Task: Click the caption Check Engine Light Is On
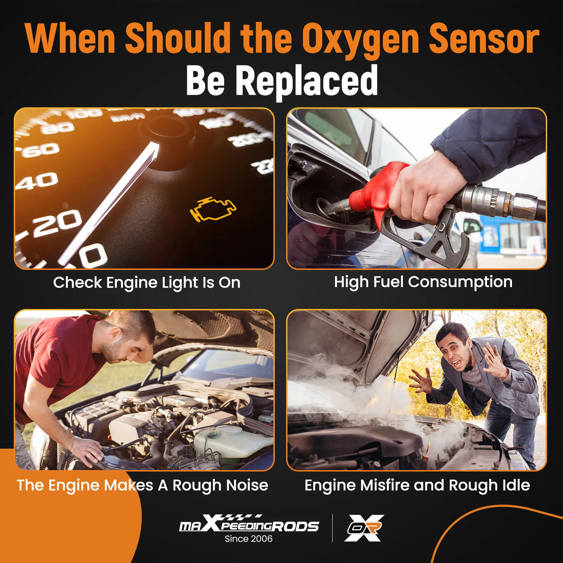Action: pos(147,283)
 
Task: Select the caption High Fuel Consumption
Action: pos(423,282)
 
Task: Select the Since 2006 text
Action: pos(248,539)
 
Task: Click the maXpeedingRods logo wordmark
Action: pos(249,524)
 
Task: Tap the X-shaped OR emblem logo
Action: pos(364,528)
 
